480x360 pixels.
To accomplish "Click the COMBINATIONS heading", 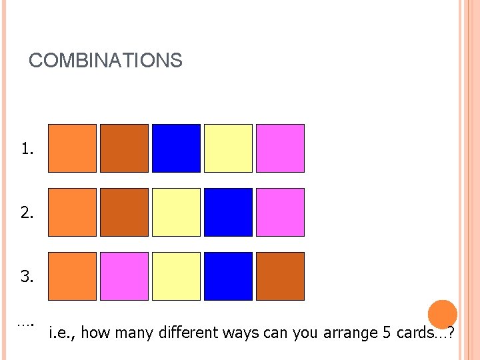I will pyautogui.click(x=105, y=61).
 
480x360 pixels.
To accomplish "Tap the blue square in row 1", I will pyautogui.click(x=176, y=148).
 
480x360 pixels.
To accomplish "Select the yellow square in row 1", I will pyautogui.click(x=228, y=148).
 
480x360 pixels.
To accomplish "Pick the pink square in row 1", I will pyautogui.click(x=280, y=148).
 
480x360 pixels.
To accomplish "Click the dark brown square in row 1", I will pyautogui.click(x=124, y=148).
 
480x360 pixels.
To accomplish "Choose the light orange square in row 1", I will pyautogui.click(x=72, y=148).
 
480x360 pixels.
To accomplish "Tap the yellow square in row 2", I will pyautogui.click(x=176, y=212).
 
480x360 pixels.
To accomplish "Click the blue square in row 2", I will pyautogui.click(x=228, y=212).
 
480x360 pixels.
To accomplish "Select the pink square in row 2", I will pyautogui.click(x=280, y=212).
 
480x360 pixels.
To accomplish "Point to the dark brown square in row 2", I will pyautogui.click(x=124, y=212).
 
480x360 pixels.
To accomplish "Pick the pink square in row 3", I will pyautogui.click(x=124, y=276).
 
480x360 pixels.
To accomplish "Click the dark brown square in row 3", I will pyautogui.click(x=280, y=276).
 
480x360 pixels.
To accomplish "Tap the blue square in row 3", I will pyautogui.click(x=228, y=276).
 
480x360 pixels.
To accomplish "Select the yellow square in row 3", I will pyautogui.click(x=176, y=276).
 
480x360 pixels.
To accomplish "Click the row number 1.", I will pyautogui.click(x=27, y=149).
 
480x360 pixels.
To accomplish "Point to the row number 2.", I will pyautogui.click(x=27, y=213).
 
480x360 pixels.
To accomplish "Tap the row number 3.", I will pyautogui.click(x=27, y=277).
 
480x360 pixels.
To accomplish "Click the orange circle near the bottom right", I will pyautogui.click(x=442, y=314).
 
